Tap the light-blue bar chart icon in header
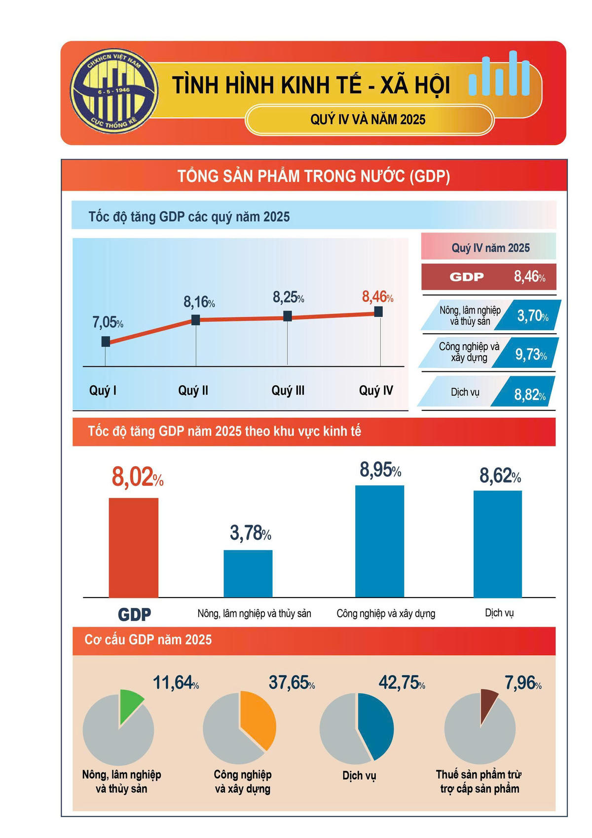click(x=499, y=75)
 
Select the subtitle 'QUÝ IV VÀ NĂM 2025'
click(x=368, y=120)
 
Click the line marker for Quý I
click(x=106, y=341)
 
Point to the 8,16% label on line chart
click(x=199, y=302)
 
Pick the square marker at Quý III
click(x=288, y=316)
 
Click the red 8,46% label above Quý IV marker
click(x=377, y=297)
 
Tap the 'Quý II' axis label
click(x=193, y=391)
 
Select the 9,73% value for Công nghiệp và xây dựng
click(x=530, y=354)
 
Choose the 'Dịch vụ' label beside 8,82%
click(x=465, y=393)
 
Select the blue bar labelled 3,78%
click(x=248, y=573)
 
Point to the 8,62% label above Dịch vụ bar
click(x=500, y=477)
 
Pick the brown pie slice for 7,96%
click(x=488, y=702)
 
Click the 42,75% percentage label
click(x=401, y=683)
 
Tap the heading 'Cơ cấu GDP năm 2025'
click(x=148, y=640)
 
